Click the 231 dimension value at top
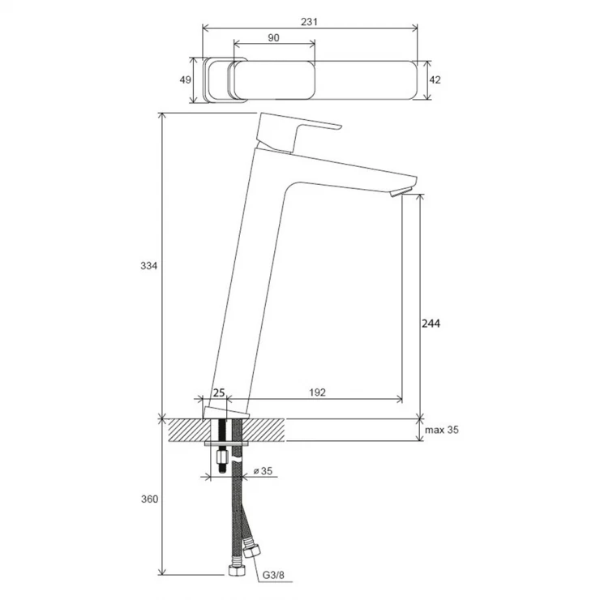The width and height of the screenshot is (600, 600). coord(309,22)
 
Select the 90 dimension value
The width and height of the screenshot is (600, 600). coord(273,37)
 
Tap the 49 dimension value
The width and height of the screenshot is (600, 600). coord(185,79)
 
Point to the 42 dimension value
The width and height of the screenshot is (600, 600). coord(435,79)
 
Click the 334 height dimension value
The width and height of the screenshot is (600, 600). coord(149,266)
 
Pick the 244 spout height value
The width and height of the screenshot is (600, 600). coord(431,324)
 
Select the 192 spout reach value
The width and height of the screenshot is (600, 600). coord(317,392)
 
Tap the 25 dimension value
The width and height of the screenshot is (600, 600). coord(219,392)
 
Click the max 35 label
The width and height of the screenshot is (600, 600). coord(442,430)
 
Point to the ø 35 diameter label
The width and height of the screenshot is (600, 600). coord(264,470)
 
